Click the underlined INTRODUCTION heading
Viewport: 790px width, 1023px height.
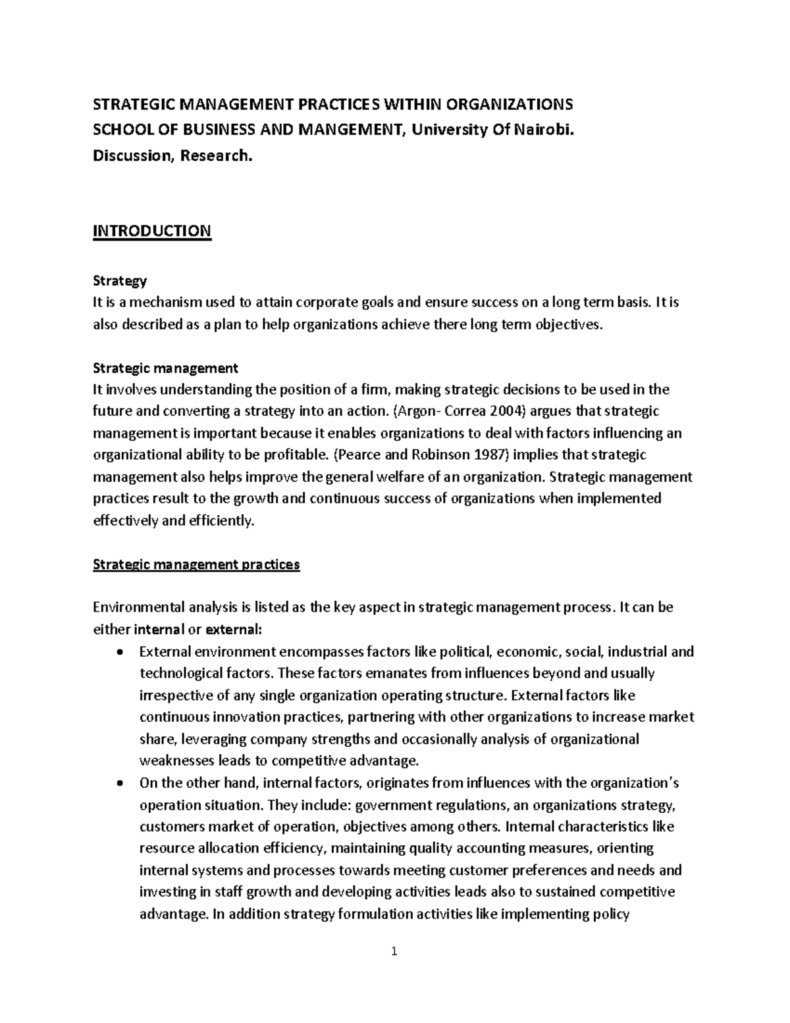pyautogui.click(x=152, y=231)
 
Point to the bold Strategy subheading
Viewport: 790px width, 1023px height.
pyautogui.click(x=120, y=281)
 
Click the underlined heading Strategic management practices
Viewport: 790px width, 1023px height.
pyautogui.click(x=196, y=565)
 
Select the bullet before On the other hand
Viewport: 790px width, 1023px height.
pyautogui.click(x=118, y=784)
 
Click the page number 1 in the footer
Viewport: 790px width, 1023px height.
pyautogui.click(x=394, y=951)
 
